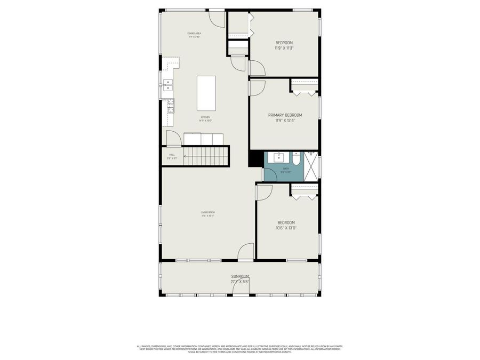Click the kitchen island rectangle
(206, 93)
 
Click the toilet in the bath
(297, 158)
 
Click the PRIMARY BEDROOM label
(285, 115)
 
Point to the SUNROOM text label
(240, 276)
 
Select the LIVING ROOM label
(208, 212)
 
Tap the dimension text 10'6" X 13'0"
(286, 228)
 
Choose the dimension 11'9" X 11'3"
(284, 48)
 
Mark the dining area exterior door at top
(217, 19)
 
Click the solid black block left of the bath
(256, 159)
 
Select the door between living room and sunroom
(246, 252)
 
